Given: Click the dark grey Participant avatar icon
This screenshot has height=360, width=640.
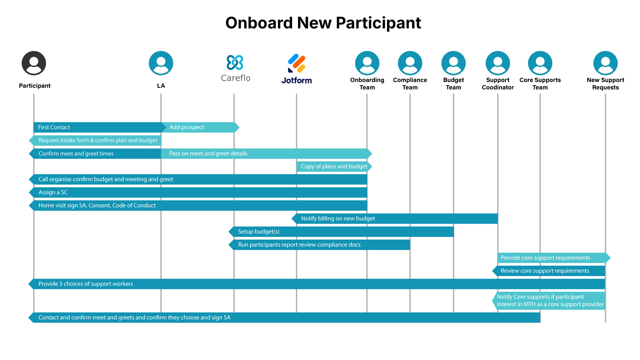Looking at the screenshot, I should click(x=34, y=63).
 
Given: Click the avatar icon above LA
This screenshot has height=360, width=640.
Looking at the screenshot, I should click(x=161, y=63).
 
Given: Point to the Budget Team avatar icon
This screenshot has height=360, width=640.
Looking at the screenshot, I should click(x=453, y=63).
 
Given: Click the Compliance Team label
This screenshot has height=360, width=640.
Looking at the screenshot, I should click(x=410, y=84).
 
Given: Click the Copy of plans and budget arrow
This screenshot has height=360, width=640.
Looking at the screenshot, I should click(x=334, y=166).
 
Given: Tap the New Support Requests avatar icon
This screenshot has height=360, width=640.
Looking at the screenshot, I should click(x=605, y=63).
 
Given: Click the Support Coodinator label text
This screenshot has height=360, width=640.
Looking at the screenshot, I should click(x=498, y=84).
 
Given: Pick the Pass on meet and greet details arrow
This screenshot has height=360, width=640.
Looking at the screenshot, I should click(x=265, y=154).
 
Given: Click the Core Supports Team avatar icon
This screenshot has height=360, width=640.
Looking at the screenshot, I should click(x=540, y=63).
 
